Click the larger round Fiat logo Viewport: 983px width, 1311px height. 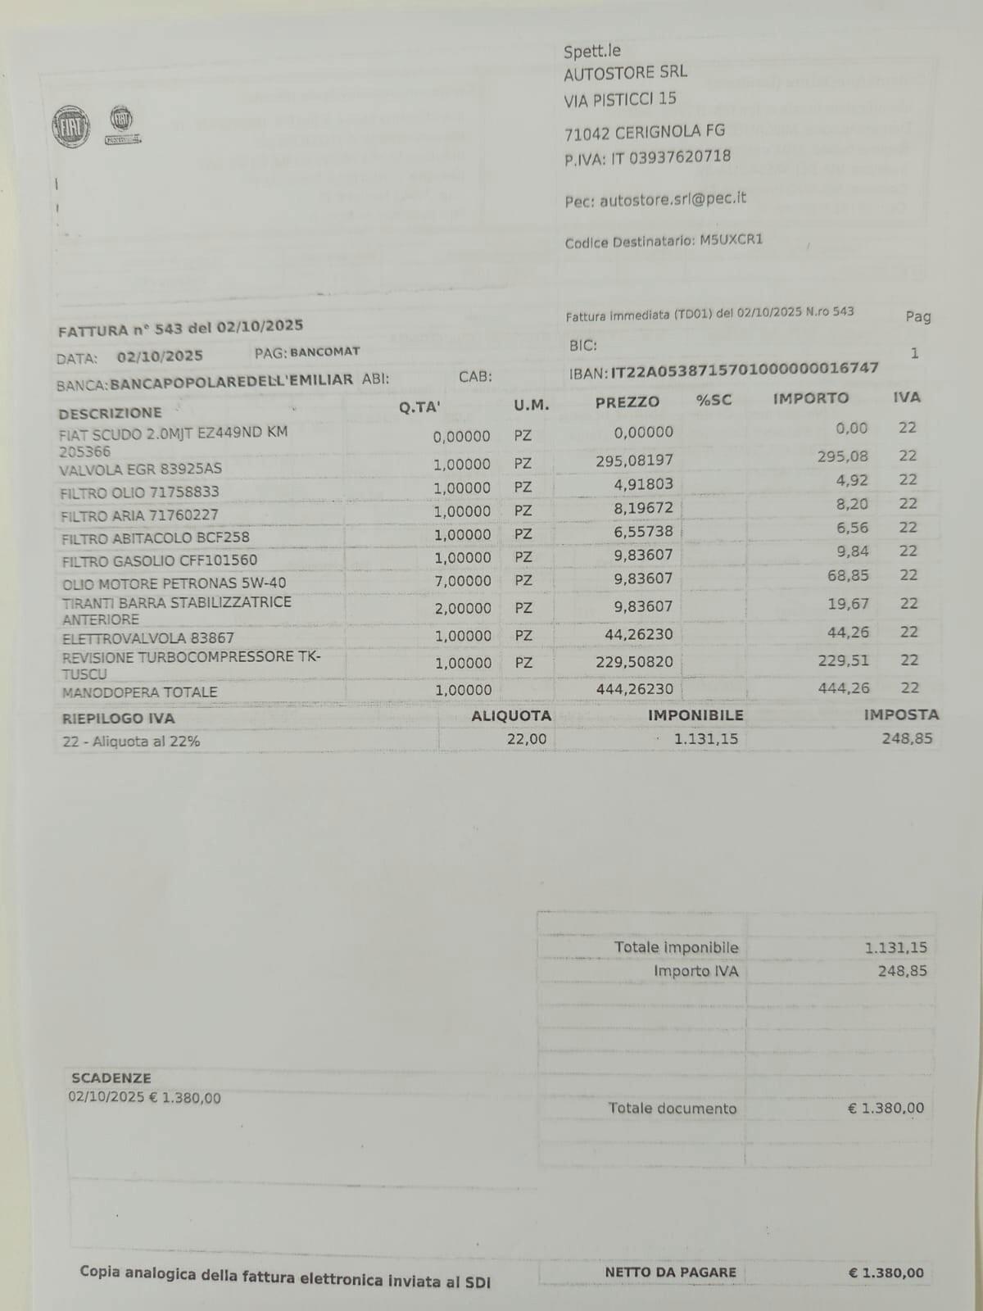click(70, 127)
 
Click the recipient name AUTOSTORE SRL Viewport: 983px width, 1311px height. click(625, 73)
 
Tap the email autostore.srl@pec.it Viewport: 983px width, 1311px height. click(673, 199)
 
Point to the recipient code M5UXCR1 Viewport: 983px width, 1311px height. click(731, 241)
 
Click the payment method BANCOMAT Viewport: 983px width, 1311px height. click(324, 352)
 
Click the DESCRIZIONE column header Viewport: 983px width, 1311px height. click(110, 412)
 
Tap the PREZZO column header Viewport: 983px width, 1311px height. click(627, 402)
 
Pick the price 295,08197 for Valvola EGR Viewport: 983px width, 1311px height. click(634, 460)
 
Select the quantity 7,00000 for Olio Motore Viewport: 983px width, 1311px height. click(462, 581)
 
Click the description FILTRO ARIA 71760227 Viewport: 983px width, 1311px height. click(139, 515)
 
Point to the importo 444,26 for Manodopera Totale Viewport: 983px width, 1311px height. click(844, 688)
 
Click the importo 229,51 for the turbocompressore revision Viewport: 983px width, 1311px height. click(844, 660)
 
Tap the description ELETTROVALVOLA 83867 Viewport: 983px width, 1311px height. click(148, 637)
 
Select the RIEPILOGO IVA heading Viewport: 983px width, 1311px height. click(118, 719)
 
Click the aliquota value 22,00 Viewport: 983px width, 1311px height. click(527, 739)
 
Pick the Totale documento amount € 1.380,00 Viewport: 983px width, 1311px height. click(886, 1109)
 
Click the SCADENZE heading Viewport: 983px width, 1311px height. click(111, 1078)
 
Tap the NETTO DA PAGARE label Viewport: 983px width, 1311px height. click(670, 1272)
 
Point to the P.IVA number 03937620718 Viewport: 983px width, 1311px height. click(679, 157)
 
